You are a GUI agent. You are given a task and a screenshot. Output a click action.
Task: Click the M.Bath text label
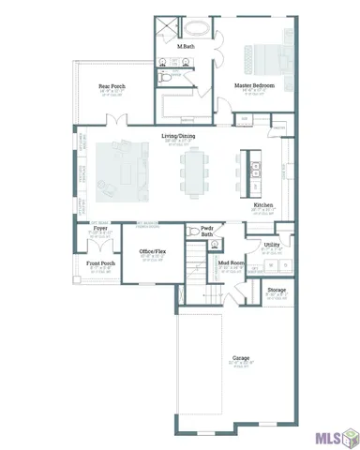pyautogui.click(x=186, y=46)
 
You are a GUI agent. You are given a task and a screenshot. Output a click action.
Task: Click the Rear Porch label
pyautogui.click(x=112, y=86)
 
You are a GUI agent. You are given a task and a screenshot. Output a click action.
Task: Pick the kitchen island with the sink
pyautogui.click(x=252, y=172)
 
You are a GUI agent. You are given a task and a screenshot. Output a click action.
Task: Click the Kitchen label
pyautogui.click(x=263, y=205)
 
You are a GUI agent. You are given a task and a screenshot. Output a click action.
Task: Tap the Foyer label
pyautogui.click(x=99, y=228)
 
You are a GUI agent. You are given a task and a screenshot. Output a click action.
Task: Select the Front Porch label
pyautogui.click(x=101, y=263)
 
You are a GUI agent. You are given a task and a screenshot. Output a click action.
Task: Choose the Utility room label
pyautogui.click(x=272, y=244)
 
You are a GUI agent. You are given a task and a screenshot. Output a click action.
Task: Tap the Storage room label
pyautogui.click(x=276, y=290)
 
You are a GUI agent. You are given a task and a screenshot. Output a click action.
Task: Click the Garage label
pyautogui.click(x=242, y=357)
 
